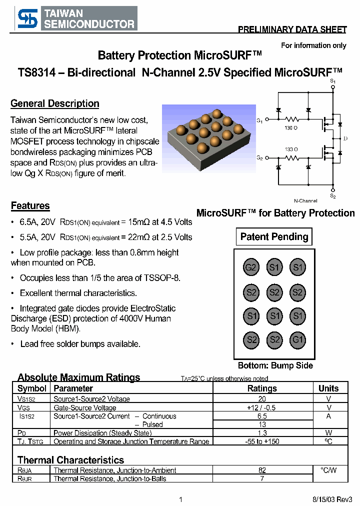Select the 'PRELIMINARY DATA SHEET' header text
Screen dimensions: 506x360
pyautogui.click(x=292, y=30)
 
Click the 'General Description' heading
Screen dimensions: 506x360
pyautogui.click(x=55, y=104)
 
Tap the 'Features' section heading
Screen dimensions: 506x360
pyautogui.click(x=30, y=206)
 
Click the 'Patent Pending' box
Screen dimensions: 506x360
pyautogui.click(x=274, y=237)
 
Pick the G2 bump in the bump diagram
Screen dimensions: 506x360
pyautogui.click(x=250, y=267)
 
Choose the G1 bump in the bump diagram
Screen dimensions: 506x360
pyautogui.click(x=298, y=340)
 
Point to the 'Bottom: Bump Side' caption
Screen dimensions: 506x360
pyautogui.click(x=275, y=365)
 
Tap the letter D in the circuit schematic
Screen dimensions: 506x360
pyautogui.click(x=344, y=138)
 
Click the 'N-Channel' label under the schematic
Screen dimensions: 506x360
pyautogui.click(x=305, y=200)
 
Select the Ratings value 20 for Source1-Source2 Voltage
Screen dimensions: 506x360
pyautogui.click(x=262, y=399)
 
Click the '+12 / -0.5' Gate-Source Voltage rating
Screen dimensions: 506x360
pyautogui.click(x=262, y=407)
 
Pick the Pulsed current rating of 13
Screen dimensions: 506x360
pyautogui.click(x=262, y=424)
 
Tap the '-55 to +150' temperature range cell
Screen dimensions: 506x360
pyautogui.click(x=262, y=441)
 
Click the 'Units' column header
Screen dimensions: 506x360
pyautogui.click(x=328, y=388)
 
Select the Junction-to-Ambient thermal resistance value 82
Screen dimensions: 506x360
pyautogui.click(x=262, y=470)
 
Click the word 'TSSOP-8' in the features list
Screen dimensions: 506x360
pyautogui.click(x=162, y=277)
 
